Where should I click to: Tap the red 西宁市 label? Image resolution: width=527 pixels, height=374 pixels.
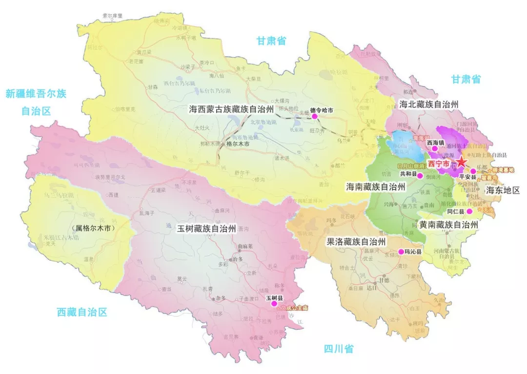click(438, 164)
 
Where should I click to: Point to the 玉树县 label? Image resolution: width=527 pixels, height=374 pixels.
click(274, 297)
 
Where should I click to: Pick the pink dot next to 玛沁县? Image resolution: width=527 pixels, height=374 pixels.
click(401, 252)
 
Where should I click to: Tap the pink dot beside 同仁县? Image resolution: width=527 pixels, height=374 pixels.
click(469, 211)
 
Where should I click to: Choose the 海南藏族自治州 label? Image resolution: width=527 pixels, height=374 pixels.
click(375, 187)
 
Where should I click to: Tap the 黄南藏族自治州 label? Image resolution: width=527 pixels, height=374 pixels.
click(447, 224)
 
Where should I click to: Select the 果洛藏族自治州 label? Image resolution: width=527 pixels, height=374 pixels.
click(356, 242)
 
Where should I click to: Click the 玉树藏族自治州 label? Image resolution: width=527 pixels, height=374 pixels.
click(206, 229)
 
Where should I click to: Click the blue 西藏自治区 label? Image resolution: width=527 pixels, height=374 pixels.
click(81, 312)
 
